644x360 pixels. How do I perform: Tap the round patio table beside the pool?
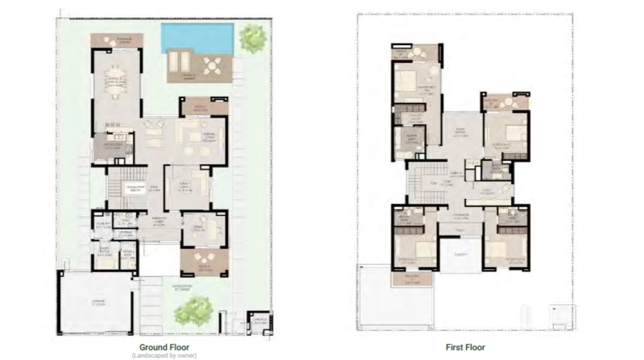pyautogui.click(x=213, y=66)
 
